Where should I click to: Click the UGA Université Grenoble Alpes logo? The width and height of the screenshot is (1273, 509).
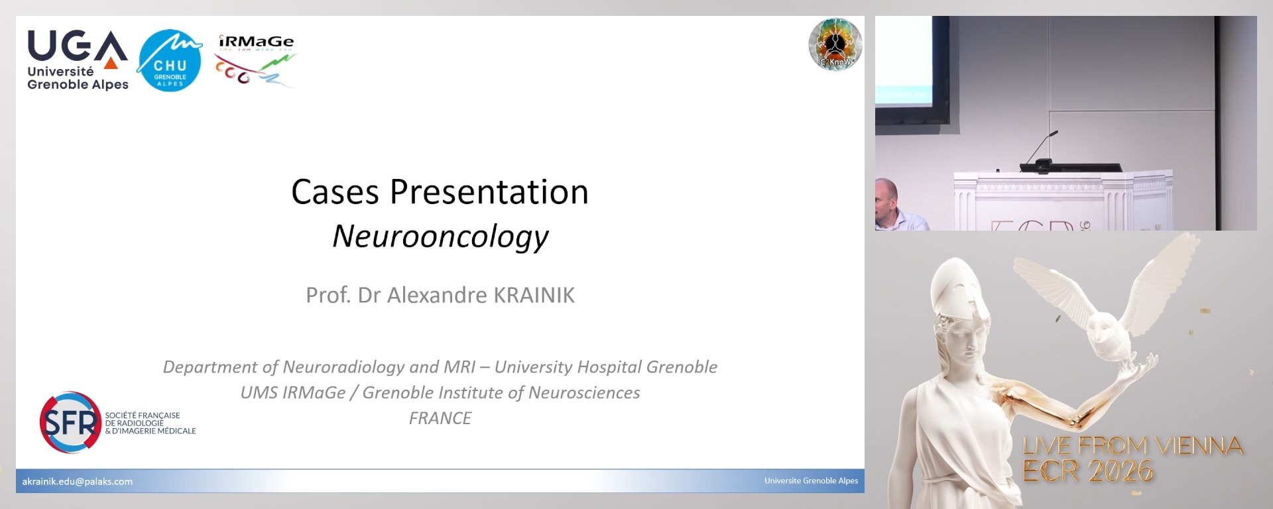(x=78, y=60)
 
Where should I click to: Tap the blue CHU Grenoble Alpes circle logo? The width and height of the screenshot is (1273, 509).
(x=170, y=60)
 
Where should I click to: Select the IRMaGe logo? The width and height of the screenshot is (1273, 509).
(x=256, y=60)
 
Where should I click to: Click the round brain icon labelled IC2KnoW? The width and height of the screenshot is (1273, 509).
(x=835, y=44)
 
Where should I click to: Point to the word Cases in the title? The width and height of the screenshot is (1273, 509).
(x=335, y=192)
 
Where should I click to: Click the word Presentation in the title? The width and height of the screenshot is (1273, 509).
(x=489, y=192)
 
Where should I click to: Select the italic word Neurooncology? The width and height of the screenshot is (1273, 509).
(x=440, y=237)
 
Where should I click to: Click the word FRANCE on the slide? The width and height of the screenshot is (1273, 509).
(x=440, y=418)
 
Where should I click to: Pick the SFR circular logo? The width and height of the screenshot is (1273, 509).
(x=70, y=422)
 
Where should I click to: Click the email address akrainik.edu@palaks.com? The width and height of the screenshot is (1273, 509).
(x=78, y=482)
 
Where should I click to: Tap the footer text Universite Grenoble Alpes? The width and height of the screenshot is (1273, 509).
(x=811, y=481)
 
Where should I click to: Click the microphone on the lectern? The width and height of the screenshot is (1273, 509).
(x=1044, y=146)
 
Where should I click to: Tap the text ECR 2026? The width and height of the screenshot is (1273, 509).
(x=1088, y=471)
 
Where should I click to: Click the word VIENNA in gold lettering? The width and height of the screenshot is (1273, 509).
(x=1199, y=446)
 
